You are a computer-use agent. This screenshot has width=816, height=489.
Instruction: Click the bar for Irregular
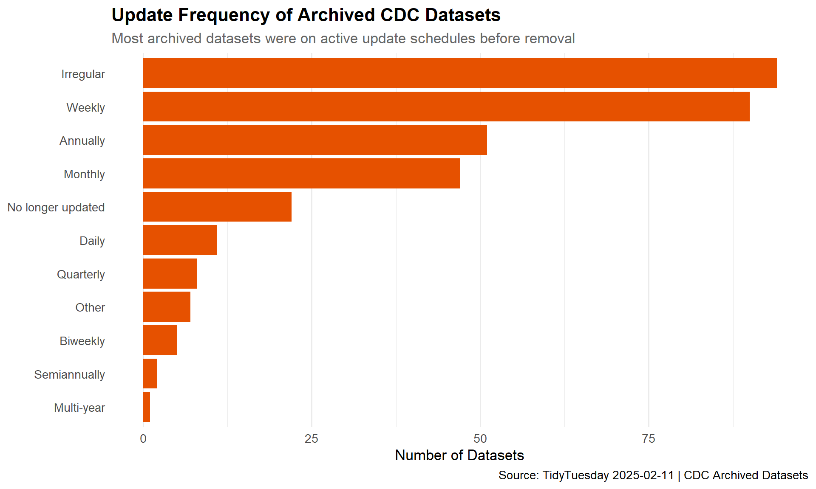[460, 73]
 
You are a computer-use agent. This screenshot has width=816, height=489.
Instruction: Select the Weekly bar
[446, 107]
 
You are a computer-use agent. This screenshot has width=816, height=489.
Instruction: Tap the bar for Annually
[315, 140]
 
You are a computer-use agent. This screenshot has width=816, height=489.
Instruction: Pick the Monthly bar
[301, 173]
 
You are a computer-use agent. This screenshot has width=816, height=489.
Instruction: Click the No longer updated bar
[217, 207]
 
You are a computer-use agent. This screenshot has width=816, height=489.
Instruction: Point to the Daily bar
[180, 240]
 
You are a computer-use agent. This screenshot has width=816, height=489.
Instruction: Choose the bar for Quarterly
[170, 274]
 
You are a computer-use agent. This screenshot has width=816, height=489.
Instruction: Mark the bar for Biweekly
[160, 340]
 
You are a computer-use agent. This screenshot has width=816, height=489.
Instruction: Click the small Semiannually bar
[150, 374]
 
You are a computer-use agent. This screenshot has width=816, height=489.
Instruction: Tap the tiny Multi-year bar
[147, 407]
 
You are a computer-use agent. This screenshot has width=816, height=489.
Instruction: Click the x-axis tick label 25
[312, 439]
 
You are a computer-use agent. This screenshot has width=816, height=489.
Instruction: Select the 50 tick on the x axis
[480, 439]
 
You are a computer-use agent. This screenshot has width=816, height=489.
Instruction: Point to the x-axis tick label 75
[649, 439]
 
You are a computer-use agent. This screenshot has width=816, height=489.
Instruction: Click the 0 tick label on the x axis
[143, 439]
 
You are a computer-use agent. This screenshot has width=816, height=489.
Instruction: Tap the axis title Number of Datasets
[459, 455]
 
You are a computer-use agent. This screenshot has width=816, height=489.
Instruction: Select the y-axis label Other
[90, 307]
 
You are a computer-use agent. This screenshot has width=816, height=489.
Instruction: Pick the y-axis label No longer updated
[56, 207]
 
